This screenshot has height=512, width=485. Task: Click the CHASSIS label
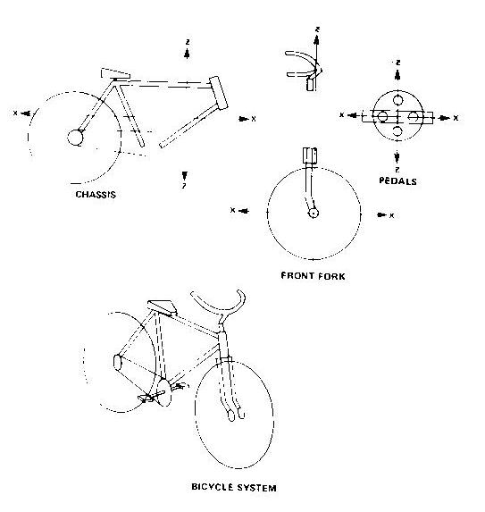[x=96, y=195]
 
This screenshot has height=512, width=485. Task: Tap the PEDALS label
[x=397, y=181]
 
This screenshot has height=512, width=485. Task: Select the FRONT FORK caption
[x=313, y=276]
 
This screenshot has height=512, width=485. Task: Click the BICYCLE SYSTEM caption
[x=234, y=488]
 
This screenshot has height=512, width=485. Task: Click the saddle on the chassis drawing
[x=115, y=74]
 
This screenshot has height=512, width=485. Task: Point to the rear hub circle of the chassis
[x=75, y=137]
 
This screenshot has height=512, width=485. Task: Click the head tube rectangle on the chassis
[x=218, y=93]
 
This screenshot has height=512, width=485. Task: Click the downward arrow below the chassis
[x=185, y=175]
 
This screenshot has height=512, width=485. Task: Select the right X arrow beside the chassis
[x=244, y=119]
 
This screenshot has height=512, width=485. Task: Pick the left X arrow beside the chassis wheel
[x=26, y=113]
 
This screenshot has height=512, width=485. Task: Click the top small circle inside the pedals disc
[x=397, y=99]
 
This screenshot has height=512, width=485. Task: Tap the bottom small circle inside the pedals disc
[x=397, y=130]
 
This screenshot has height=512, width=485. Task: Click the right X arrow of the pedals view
[x=444, y=118]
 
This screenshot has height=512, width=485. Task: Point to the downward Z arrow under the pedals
[x=397, y=156]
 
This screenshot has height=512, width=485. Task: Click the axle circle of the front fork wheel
[x=314, y=214]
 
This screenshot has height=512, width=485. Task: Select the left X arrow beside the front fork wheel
[x=244, y=211]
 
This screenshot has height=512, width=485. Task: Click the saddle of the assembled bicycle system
[x=162, y=307]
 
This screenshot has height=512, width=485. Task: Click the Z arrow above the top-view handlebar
[x=316, y=39]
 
